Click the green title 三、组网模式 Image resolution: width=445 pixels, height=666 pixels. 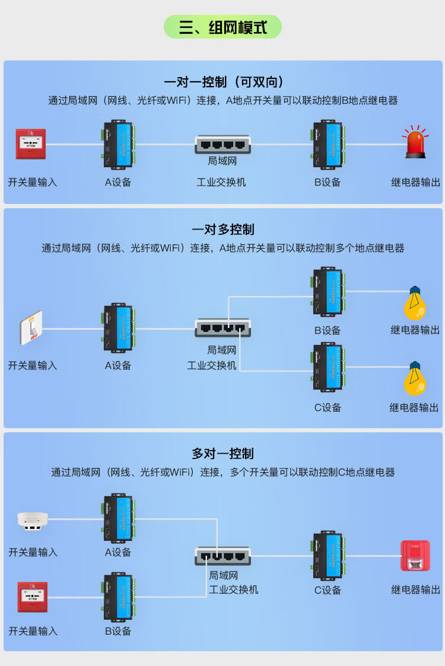click(223, 27)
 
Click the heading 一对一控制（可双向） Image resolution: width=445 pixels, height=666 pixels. click(223, 82)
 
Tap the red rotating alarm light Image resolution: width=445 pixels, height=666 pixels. click(416, 142)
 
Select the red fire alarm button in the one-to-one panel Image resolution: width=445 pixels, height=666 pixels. click(31, 144)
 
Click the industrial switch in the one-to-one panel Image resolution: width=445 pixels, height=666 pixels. click(223, 144)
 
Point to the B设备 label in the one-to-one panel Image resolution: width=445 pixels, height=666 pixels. click(328, 182)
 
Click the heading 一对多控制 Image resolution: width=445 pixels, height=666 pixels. click(223, 229)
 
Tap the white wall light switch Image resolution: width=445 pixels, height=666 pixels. click(31, 327)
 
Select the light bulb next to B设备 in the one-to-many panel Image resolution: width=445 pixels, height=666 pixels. click(415, 303)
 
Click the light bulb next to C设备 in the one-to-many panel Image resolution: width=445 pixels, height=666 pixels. click(415, 379)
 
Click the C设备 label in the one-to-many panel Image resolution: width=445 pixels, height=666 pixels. click(328, 407)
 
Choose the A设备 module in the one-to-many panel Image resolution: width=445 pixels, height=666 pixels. click(118, 328)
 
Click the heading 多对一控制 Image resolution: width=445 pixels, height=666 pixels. click(223, 454)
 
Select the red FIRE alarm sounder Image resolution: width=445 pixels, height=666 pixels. click(415, 556)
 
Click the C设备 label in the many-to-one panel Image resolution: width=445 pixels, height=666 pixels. click(328, 590)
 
